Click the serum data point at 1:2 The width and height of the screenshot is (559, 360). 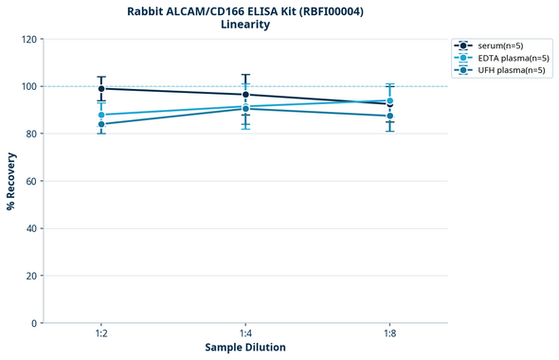[101, 88]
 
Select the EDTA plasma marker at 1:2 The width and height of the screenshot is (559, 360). [101, 115]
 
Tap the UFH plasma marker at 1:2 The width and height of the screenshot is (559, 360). [101, 124]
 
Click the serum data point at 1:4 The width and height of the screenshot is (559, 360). [245, 95]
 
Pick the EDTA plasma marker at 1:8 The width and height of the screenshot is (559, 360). [389, 100]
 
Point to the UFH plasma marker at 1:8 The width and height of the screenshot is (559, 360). [389, 116]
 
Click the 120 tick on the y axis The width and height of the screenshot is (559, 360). [28, 39]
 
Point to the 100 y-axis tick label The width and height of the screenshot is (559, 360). [28, 86]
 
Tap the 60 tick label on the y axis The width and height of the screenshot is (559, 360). [31, 181]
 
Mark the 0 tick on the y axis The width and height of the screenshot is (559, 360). [34, 323]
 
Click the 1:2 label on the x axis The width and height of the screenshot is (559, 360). [101, 334]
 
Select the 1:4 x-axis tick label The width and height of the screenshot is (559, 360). [245, 334]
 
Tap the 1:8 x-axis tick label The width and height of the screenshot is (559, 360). [389, 334]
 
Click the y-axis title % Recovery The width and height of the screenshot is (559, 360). [10, 180]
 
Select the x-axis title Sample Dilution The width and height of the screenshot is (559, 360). [245, 348]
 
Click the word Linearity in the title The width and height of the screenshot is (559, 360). [245, 25]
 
